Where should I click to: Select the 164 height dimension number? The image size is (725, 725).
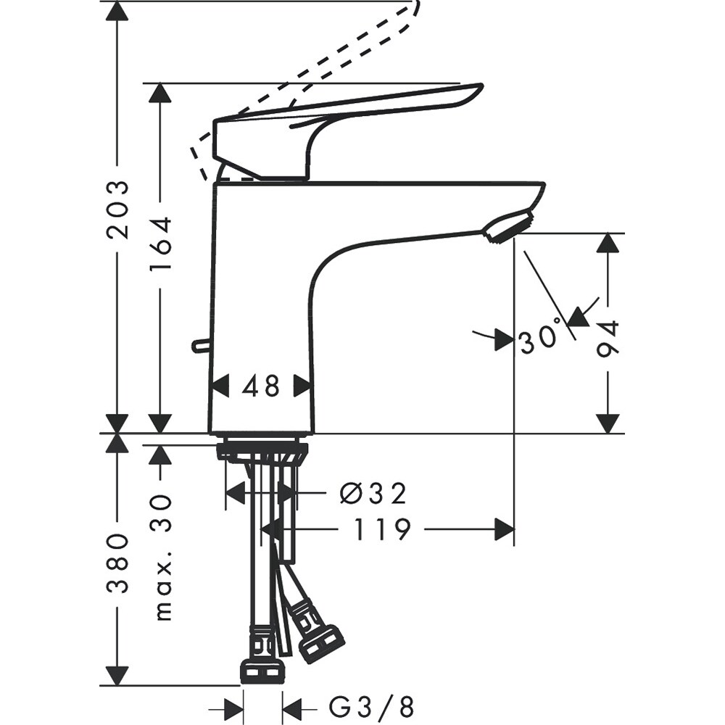160,244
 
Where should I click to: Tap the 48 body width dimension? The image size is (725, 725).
261,386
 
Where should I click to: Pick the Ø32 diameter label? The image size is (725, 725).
373,494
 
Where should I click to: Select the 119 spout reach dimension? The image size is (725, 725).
382,530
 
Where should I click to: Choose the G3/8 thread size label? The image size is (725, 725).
371,705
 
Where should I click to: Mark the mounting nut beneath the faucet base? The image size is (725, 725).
262,452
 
